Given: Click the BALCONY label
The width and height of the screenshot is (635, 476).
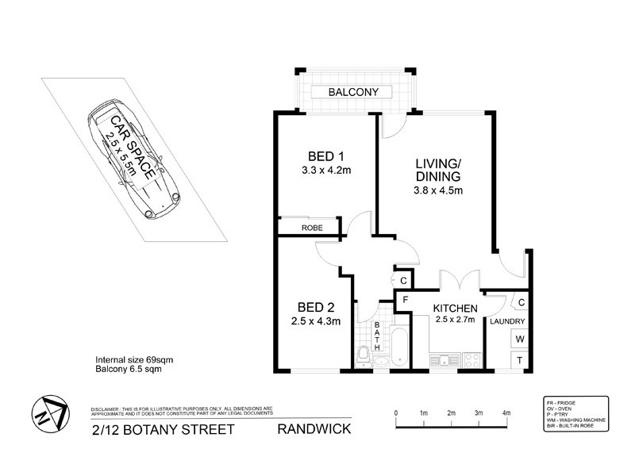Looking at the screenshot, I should [354, 92].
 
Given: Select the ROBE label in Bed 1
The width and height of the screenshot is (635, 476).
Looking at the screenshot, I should [311, 228].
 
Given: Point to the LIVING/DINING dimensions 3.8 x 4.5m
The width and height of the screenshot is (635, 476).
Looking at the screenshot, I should [438, 190].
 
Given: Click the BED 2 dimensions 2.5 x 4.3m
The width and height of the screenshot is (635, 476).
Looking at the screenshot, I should [315, 321].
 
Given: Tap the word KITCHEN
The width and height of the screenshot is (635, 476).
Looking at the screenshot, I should [455, 308].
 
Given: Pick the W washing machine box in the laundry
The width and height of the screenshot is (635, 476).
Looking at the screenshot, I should [520, 340].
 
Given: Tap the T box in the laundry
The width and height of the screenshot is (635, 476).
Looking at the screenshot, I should [520, 359].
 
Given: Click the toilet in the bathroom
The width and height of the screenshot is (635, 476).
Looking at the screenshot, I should [363, 356].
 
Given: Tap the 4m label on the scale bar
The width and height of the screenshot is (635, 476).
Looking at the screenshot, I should [506, 413].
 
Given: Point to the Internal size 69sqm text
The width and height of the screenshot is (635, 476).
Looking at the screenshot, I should [134, 359].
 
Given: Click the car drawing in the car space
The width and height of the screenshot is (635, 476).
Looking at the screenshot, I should [135, 159].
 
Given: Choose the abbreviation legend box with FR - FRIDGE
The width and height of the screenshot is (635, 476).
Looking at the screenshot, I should [576, 413].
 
